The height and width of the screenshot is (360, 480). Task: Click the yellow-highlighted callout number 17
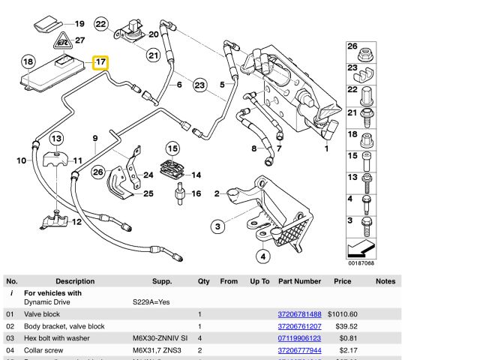click(100, 61)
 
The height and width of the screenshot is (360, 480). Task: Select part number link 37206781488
click(299, 313)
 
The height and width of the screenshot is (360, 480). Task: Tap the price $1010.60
click(342, 313)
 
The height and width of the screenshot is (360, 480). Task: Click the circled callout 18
click(28, 61)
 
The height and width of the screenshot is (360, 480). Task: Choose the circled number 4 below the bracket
click(263, 256)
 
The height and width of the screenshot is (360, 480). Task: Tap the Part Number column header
click(299, 281)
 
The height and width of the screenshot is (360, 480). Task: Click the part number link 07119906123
click(299, 337)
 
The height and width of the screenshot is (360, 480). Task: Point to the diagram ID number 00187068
click(361, 263)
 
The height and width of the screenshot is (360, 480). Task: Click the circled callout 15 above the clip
click(172, 148)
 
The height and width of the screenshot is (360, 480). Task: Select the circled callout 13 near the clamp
click(57, 138)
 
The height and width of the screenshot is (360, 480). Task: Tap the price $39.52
click(346, 326)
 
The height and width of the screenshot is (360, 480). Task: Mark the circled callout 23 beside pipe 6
click(199, 85)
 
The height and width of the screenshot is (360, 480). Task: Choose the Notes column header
click(385, 281)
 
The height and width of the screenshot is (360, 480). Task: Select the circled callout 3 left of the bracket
click(217, 226)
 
